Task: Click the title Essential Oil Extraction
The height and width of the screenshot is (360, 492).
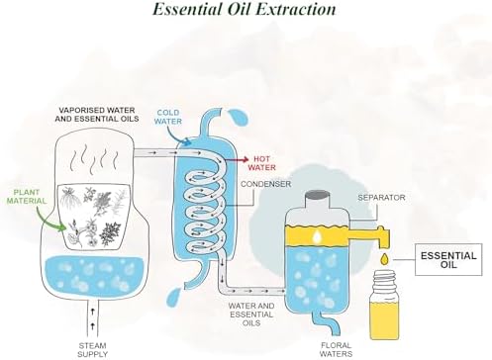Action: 245,9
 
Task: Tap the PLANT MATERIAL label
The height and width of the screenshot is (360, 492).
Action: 27,197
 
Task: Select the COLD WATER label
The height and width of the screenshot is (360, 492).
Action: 168,117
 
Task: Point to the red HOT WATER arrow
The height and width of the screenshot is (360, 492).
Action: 237,160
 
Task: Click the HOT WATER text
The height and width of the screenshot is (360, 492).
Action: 262,163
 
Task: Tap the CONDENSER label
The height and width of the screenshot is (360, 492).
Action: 265,184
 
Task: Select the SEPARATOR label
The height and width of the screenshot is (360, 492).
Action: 381,198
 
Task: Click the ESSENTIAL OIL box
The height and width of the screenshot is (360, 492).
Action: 448,260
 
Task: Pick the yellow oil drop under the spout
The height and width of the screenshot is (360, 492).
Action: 384,259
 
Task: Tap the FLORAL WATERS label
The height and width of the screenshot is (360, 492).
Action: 336,349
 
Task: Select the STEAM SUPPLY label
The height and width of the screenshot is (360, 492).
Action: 93,350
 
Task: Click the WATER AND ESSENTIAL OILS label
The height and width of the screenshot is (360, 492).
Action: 251,315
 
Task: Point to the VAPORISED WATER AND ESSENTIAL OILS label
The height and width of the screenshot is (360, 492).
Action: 97,115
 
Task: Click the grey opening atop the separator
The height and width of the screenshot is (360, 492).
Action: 317,195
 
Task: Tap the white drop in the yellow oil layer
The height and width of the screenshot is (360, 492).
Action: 317,236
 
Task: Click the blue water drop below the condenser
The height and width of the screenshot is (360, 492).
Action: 174,298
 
